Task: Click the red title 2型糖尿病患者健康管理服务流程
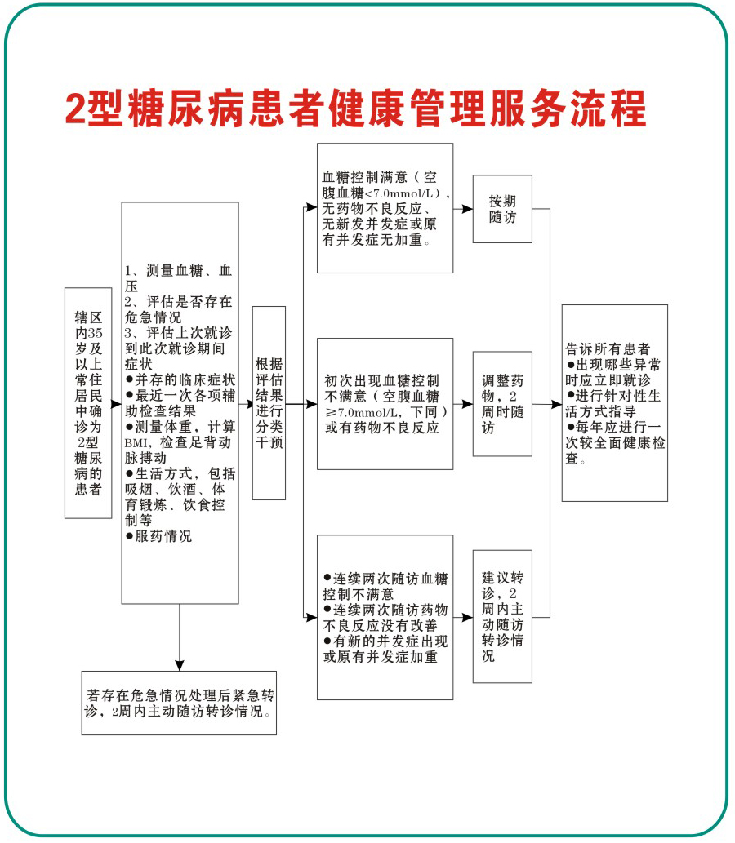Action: [x=356, y=109]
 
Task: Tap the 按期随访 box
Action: [x=502, y=209]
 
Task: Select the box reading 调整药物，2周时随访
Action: [x=502, y=404]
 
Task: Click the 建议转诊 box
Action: [x=502, y=616]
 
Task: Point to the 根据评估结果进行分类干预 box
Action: [x=269, y=402]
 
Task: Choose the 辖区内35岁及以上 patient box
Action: [x=88, y=402]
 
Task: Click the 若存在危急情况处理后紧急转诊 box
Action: [x=179, y=703]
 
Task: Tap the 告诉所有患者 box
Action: [x=615, y=403]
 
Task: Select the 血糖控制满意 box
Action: [x=385, y=208]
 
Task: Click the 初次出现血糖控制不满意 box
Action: [x=385, y=404]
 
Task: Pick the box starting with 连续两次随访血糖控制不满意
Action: [x=385, y=617]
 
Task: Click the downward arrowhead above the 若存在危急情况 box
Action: [x=180, y=666]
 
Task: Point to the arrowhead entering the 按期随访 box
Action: [x=468, y=209]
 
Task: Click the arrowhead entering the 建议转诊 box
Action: [x=468, y=617]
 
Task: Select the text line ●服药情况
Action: [x=158, y=536]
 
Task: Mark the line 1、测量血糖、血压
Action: [x=179, y=278]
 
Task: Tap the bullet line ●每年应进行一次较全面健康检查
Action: [x=615, y=442]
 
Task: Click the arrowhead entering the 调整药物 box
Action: [x=468, y=404]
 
